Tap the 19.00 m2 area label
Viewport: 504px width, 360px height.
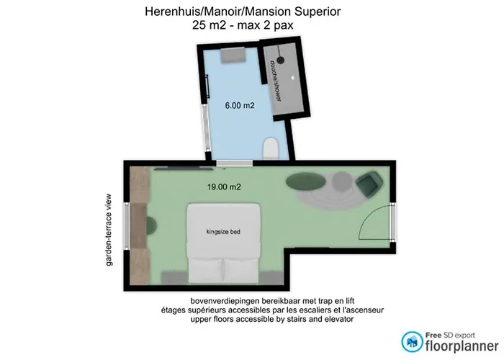(x=223, y=186)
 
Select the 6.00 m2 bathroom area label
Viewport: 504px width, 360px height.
(x=239, y=105)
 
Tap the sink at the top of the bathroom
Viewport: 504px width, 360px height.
(x=232, y=54)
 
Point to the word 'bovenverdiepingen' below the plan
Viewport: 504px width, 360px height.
(x=222, y=300)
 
